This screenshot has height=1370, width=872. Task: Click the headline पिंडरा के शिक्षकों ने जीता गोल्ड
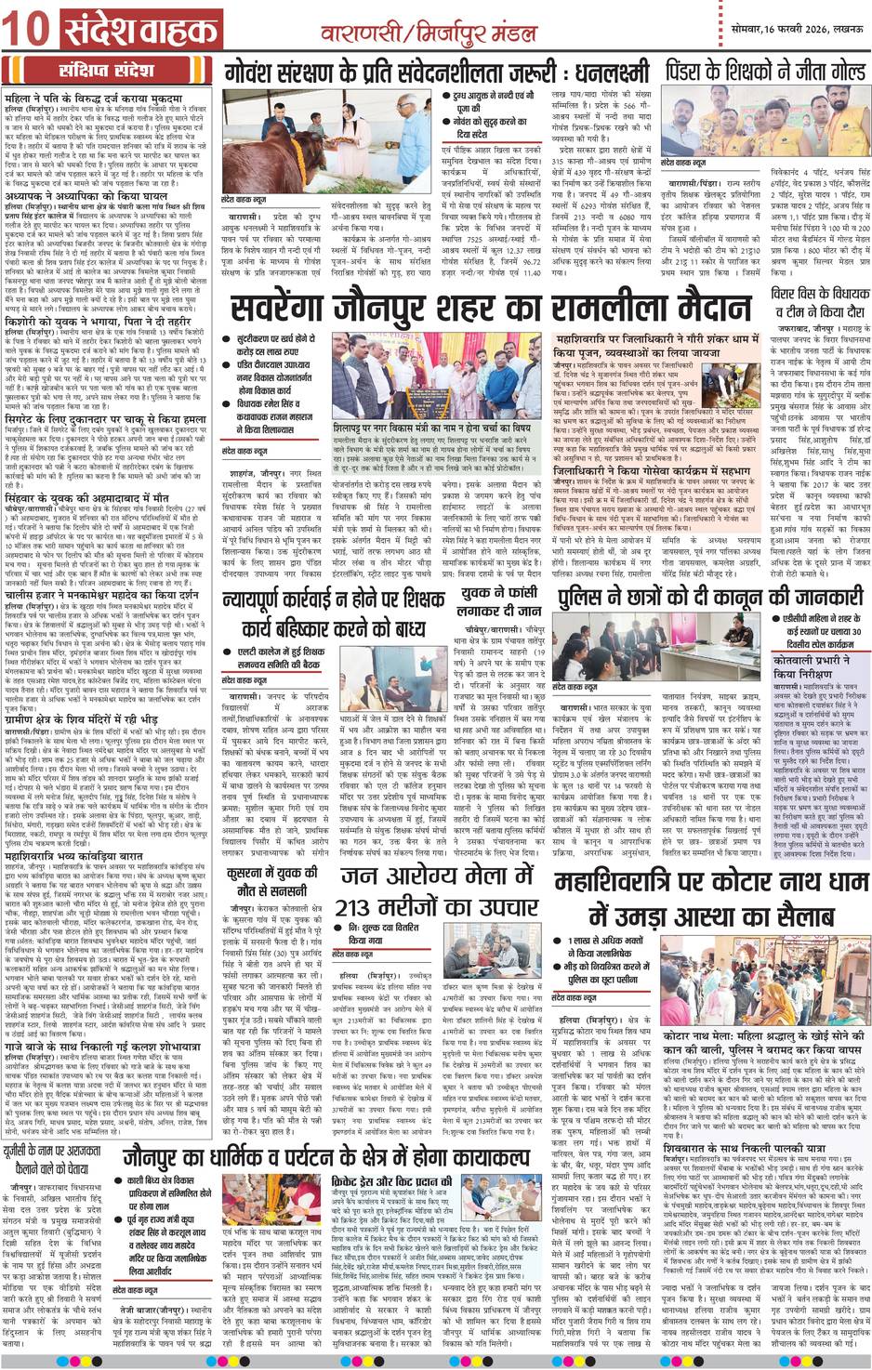(x=765, y=71)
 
